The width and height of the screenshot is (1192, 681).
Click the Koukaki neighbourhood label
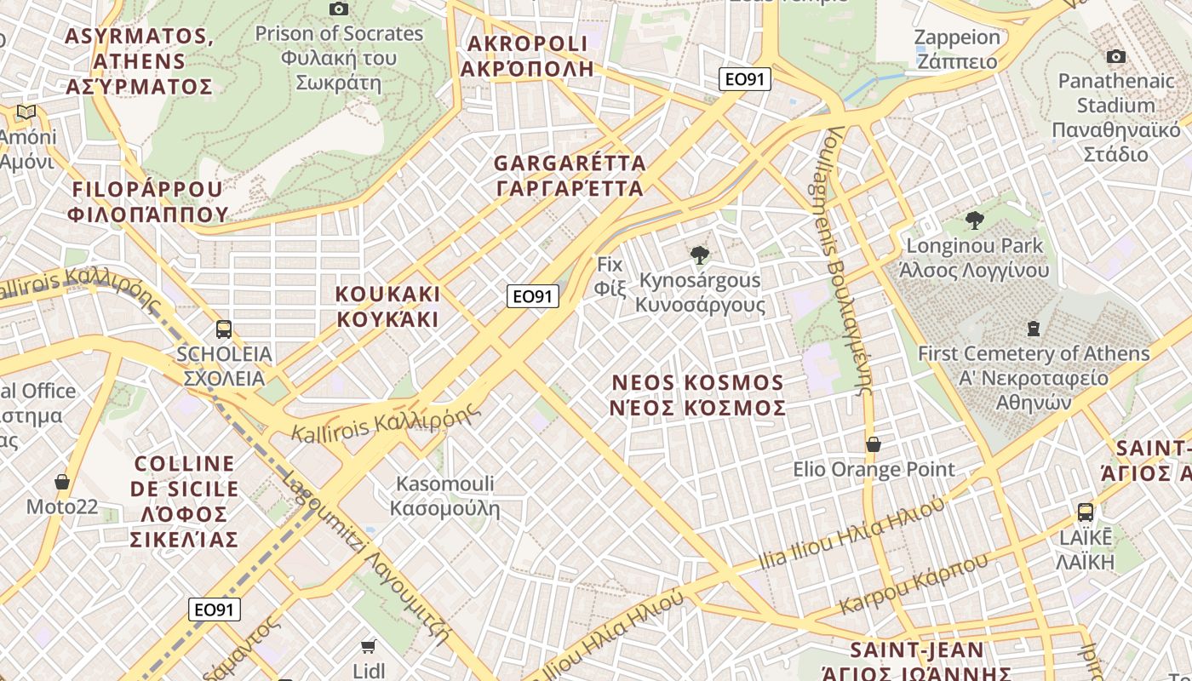pyautogui.click(x=387, y=306)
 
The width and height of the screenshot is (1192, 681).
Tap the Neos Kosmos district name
pyautogui.click(x=698, y=395)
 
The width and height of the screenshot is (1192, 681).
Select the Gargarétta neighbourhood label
pyautogui.click(x=570, y=175)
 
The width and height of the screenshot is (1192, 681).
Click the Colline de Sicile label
pyautogui.click(x=184, y=501)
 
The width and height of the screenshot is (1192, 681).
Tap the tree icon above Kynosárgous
pyautogui.click(x=700, y=255)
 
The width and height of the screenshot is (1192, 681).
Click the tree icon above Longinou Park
pyautogui.click(x=975, y=221)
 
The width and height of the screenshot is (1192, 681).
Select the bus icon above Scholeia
pyautogui.click(x=224, y=329)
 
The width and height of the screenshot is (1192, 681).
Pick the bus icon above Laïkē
pyautogui.click(x=1086, y=512)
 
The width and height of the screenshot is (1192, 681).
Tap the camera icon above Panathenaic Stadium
pyautogui.click(x=1115, y=57)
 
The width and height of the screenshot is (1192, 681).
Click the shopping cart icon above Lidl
pyautogui.click(x=369, y=646)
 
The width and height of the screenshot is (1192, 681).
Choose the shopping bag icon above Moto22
pyautogui.click(x=62, y=483)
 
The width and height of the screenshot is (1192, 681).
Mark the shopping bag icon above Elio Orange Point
pyautogui.click(x=874, y=444)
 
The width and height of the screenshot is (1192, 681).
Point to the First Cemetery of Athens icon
pyautogui.click(x=1034, y=328)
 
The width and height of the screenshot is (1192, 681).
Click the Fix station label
pyautogui.click(x=610, y=276)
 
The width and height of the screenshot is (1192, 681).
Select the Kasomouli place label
pyautogui.click(x=444, y=496)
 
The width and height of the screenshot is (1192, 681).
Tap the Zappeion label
pyautogui.click(x=957, y=49)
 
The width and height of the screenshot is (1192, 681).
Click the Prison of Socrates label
pyautogui.click(x=339, y=58)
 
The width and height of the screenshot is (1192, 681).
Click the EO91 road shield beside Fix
pyautogui.click(x=533, y=296)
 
